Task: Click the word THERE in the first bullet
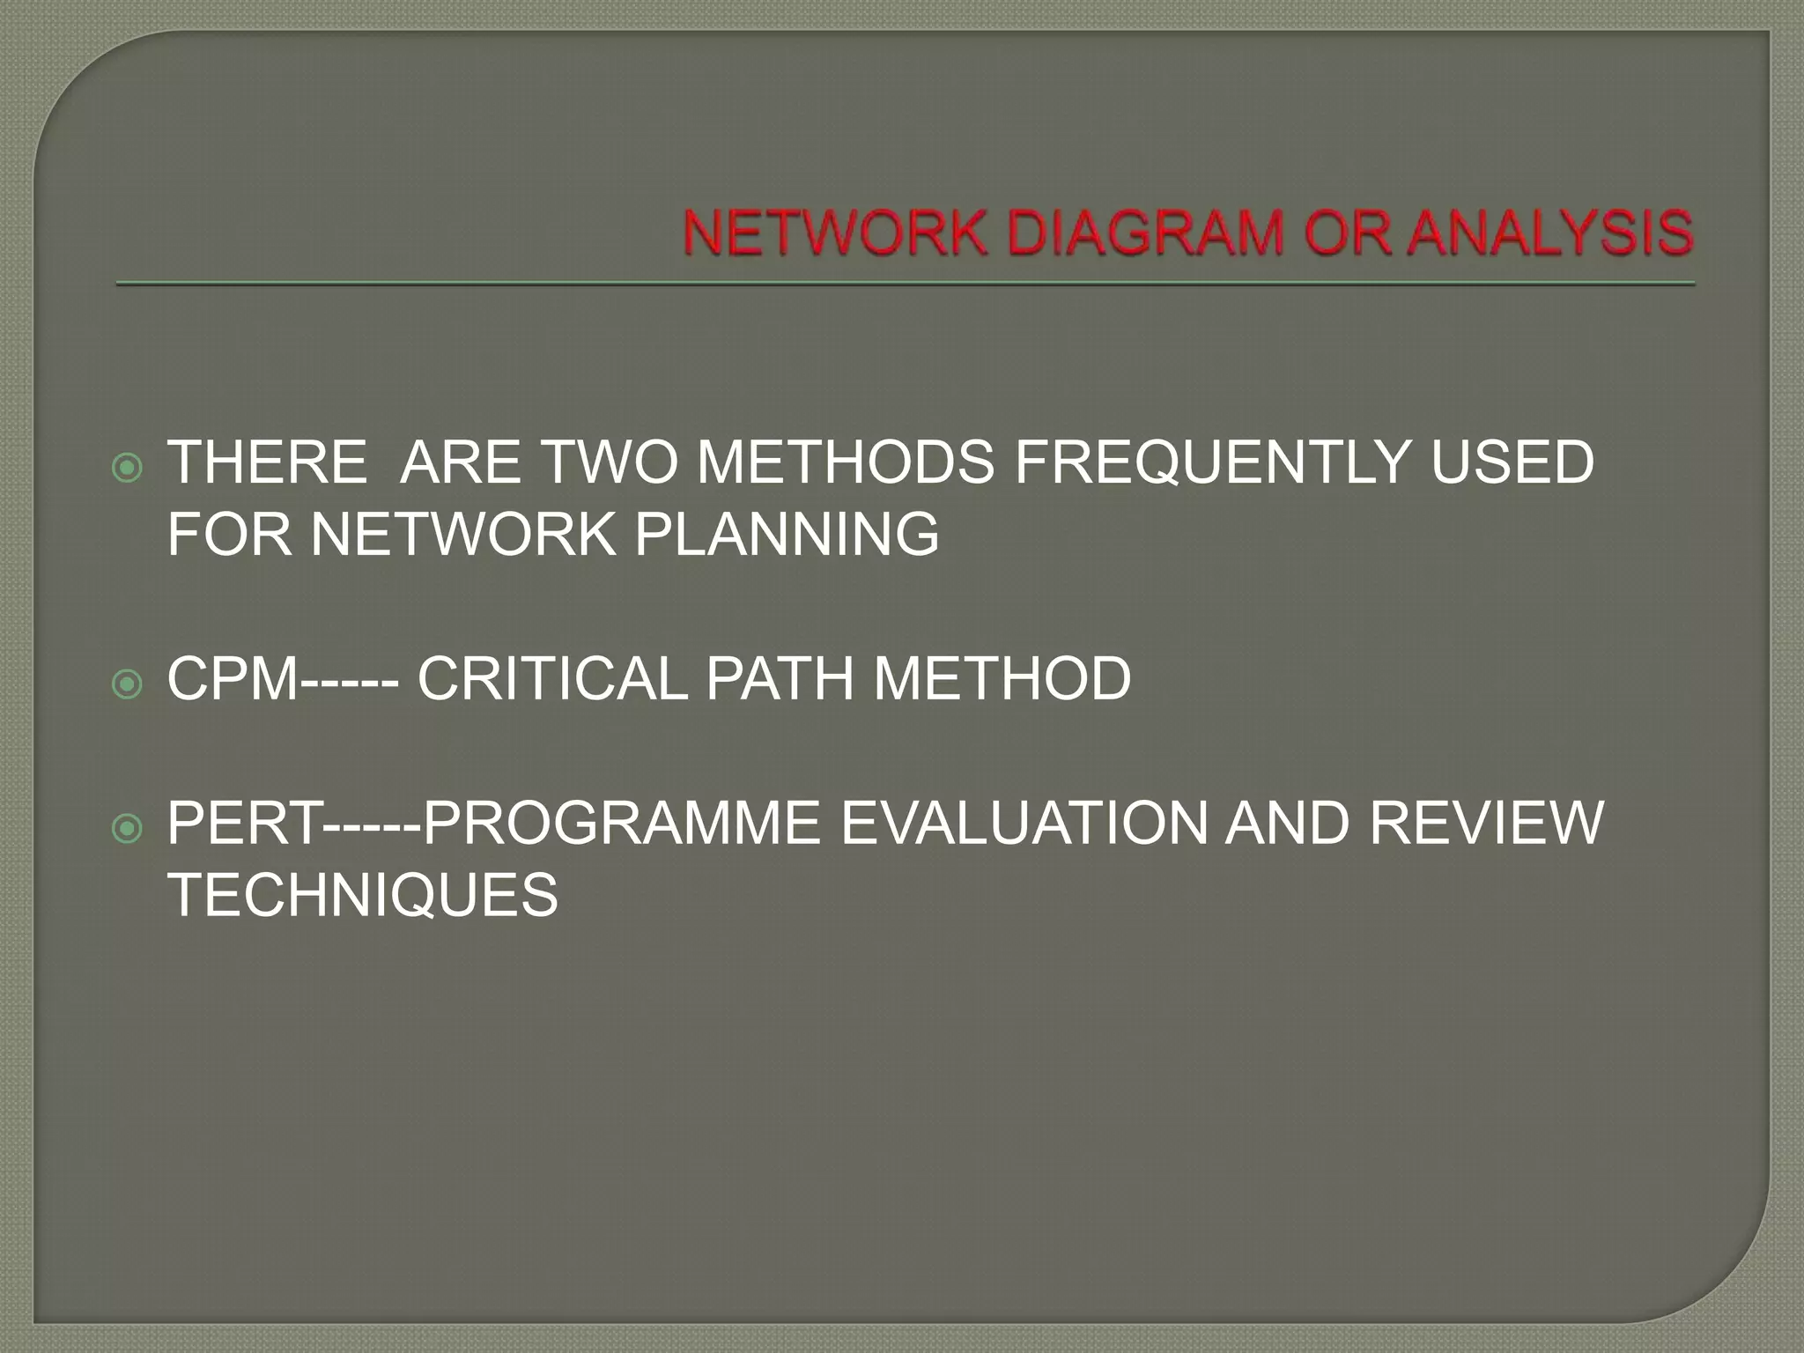[267, 462]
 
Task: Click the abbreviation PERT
[245, 824]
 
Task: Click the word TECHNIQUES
[362, 896]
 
